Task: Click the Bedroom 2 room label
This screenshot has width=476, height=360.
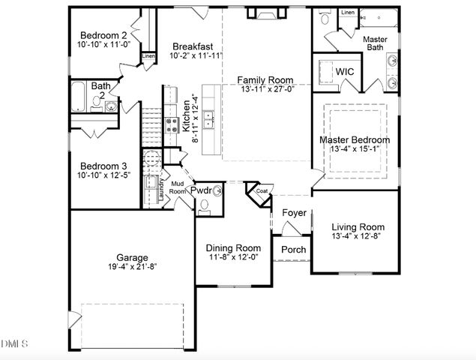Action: pyautogui.click(x=104, y=35)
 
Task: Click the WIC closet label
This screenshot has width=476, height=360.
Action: pyautogui.click(x=345, y=71)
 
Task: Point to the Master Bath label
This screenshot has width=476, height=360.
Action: pyautogui.click(x=374, y=43)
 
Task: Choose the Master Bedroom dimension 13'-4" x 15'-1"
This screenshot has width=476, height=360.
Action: pyautogui.click(x=355, y=150)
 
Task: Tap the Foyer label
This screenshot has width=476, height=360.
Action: pyautogui.click(x=294, y=213)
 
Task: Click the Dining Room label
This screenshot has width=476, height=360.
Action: pyautogui.click(x=234, y=248)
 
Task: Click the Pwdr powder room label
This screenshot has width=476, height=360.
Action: pyautogui.click(x=201, y=191)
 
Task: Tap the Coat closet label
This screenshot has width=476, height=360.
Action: pyautogui.click(x=261, y=190)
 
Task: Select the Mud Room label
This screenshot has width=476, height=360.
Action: pyautogui.click(x=177, y=188)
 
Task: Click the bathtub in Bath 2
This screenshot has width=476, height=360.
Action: pyautogui.click(x=79, y=97)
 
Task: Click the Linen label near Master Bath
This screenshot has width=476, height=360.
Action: pyautogui.click(x=348, y=13)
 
